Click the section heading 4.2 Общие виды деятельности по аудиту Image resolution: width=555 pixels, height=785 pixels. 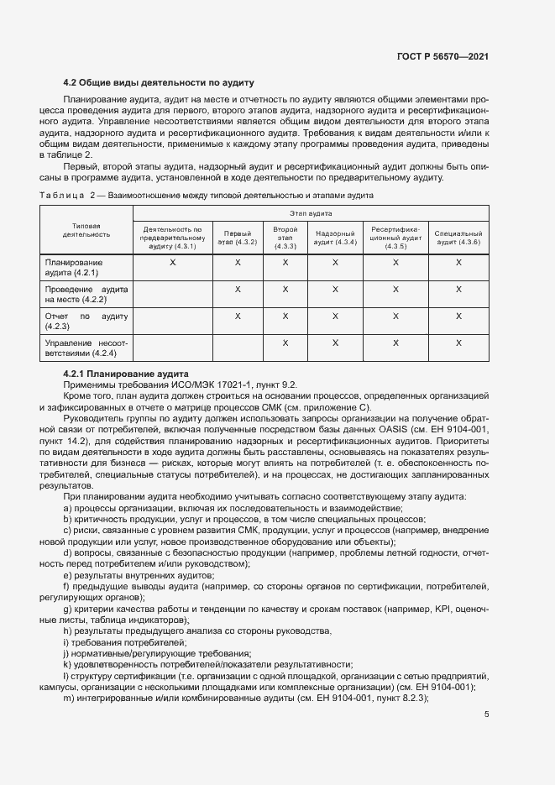click(159, 82)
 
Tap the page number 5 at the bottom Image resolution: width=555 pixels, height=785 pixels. click(487, 714)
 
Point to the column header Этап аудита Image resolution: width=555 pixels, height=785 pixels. click(311, 215)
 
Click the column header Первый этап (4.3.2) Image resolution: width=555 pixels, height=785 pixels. click(238, 237)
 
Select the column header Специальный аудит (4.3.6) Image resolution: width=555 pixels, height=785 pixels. click(458, 237)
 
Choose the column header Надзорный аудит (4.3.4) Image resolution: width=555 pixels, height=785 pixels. click(335, 237)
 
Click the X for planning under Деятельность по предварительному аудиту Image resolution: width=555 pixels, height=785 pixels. click(173, 263)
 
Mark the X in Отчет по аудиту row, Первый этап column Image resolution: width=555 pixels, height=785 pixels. click(238, 316)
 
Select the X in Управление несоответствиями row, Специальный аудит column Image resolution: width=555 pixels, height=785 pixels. click(458, 343)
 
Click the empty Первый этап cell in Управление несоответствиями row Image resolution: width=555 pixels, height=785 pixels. click(238, 348)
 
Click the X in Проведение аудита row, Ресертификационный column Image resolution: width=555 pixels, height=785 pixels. click(395, 290)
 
